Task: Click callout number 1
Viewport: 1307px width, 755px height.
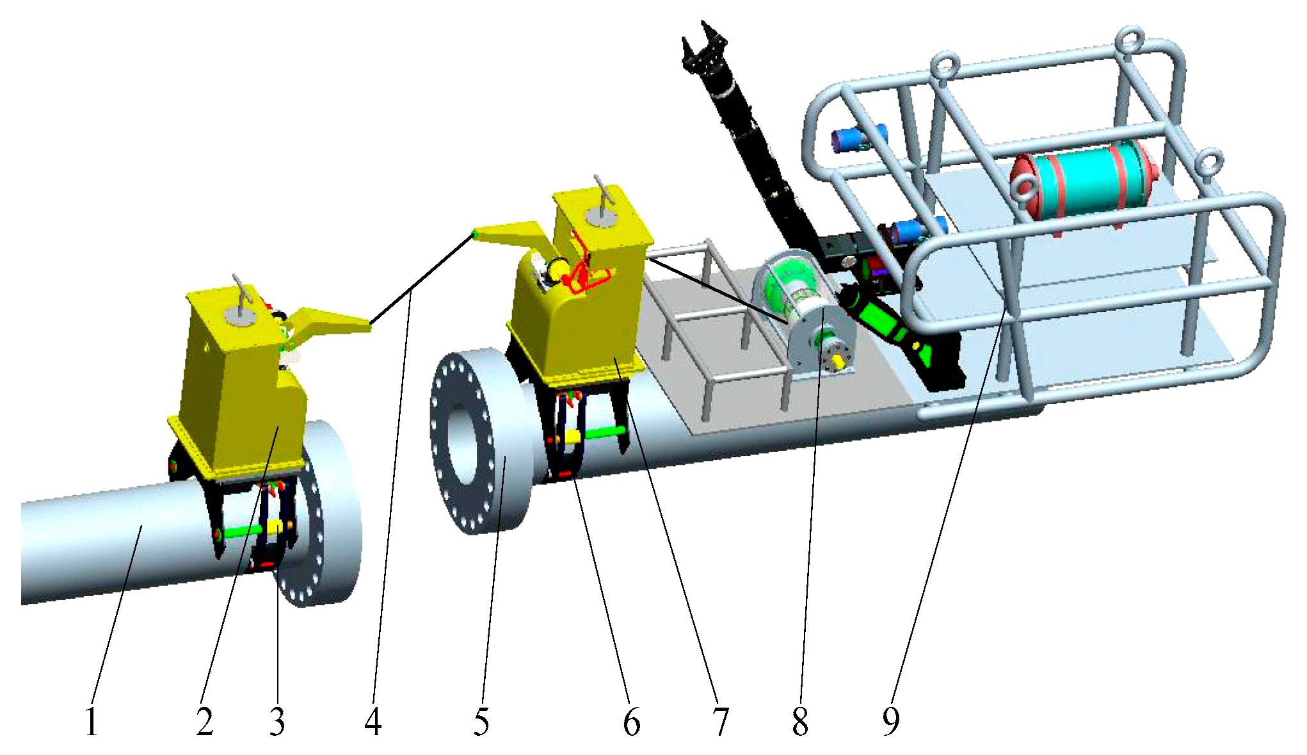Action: tap(92, 722)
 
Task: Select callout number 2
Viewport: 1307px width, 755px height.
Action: tap(205, 722)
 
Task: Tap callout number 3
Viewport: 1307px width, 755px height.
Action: tap(277, 722)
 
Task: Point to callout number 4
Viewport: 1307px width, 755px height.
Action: tap(373, 722)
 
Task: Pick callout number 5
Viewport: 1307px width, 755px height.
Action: tap(481, 722)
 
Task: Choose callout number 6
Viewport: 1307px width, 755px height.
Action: tap(632, 722)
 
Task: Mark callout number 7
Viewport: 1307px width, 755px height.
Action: tap(721, 722)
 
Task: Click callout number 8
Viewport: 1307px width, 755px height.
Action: tap(800, 722)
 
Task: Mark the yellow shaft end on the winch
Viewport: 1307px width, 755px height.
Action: tap(836, 362)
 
